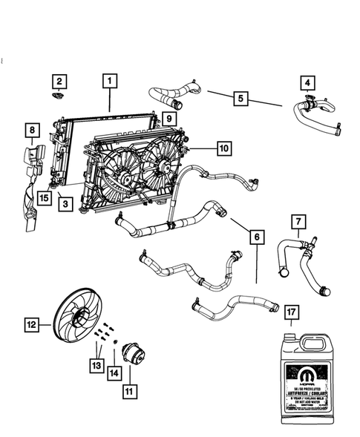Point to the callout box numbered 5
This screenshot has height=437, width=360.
(239, 97)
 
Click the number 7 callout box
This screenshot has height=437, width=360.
(297, 221)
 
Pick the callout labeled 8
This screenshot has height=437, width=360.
(32, 131)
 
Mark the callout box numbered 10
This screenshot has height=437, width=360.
(223, 148)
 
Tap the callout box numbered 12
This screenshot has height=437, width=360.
(32, 323)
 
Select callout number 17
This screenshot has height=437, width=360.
(292, 313)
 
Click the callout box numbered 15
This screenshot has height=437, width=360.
(45, 197)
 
